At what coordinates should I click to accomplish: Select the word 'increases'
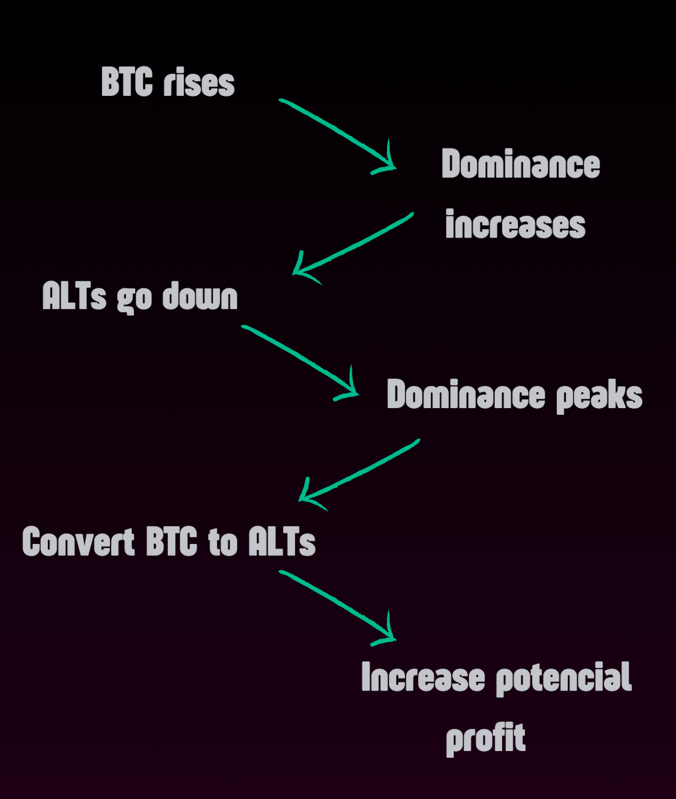pyautogui.click(x=515, y=225)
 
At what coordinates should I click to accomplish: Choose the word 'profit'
pyautogui.click(x=486, y=738)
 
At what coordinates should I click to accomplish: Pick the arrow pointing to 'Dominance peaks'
pyautogui.click(x=300, y=362)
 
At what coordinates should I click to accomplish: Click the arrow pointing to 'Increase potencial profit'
pyautogui.click(x=336, y=605)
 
